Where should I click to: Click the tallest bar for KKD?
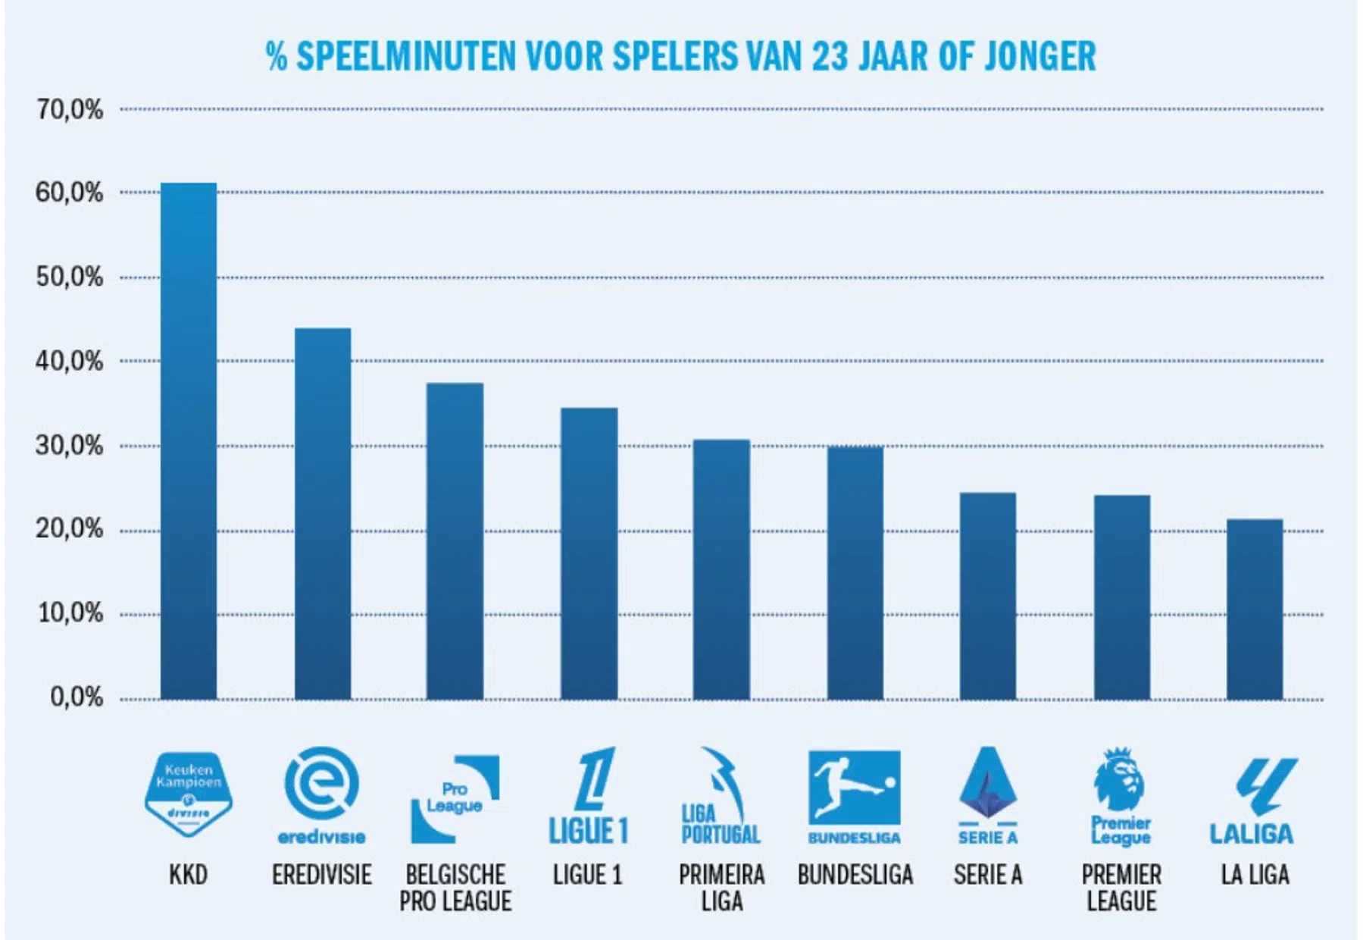point(189,440)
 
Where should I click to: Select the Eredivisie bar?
point(323,513)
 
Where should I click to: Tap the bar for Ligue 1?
point(589,553)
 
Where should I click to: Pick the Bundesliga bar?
point(855,572)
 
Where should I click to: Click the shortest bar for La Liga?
point(1255,609)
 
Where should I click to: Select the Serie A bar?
point(988,595)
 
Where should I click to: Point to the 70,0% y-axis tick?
point(69,110)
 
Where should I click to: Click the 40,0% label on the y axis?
point(69,362)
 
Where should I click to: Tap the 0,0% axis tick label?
point(76,697)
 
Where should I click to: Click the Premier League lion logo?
point(1121,795)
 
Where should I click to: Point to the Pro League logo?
point(455,798)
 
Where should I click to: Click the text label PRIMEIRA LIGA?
point(722,888)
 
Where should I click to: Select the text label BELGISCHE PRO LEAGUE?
point(455,888)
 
